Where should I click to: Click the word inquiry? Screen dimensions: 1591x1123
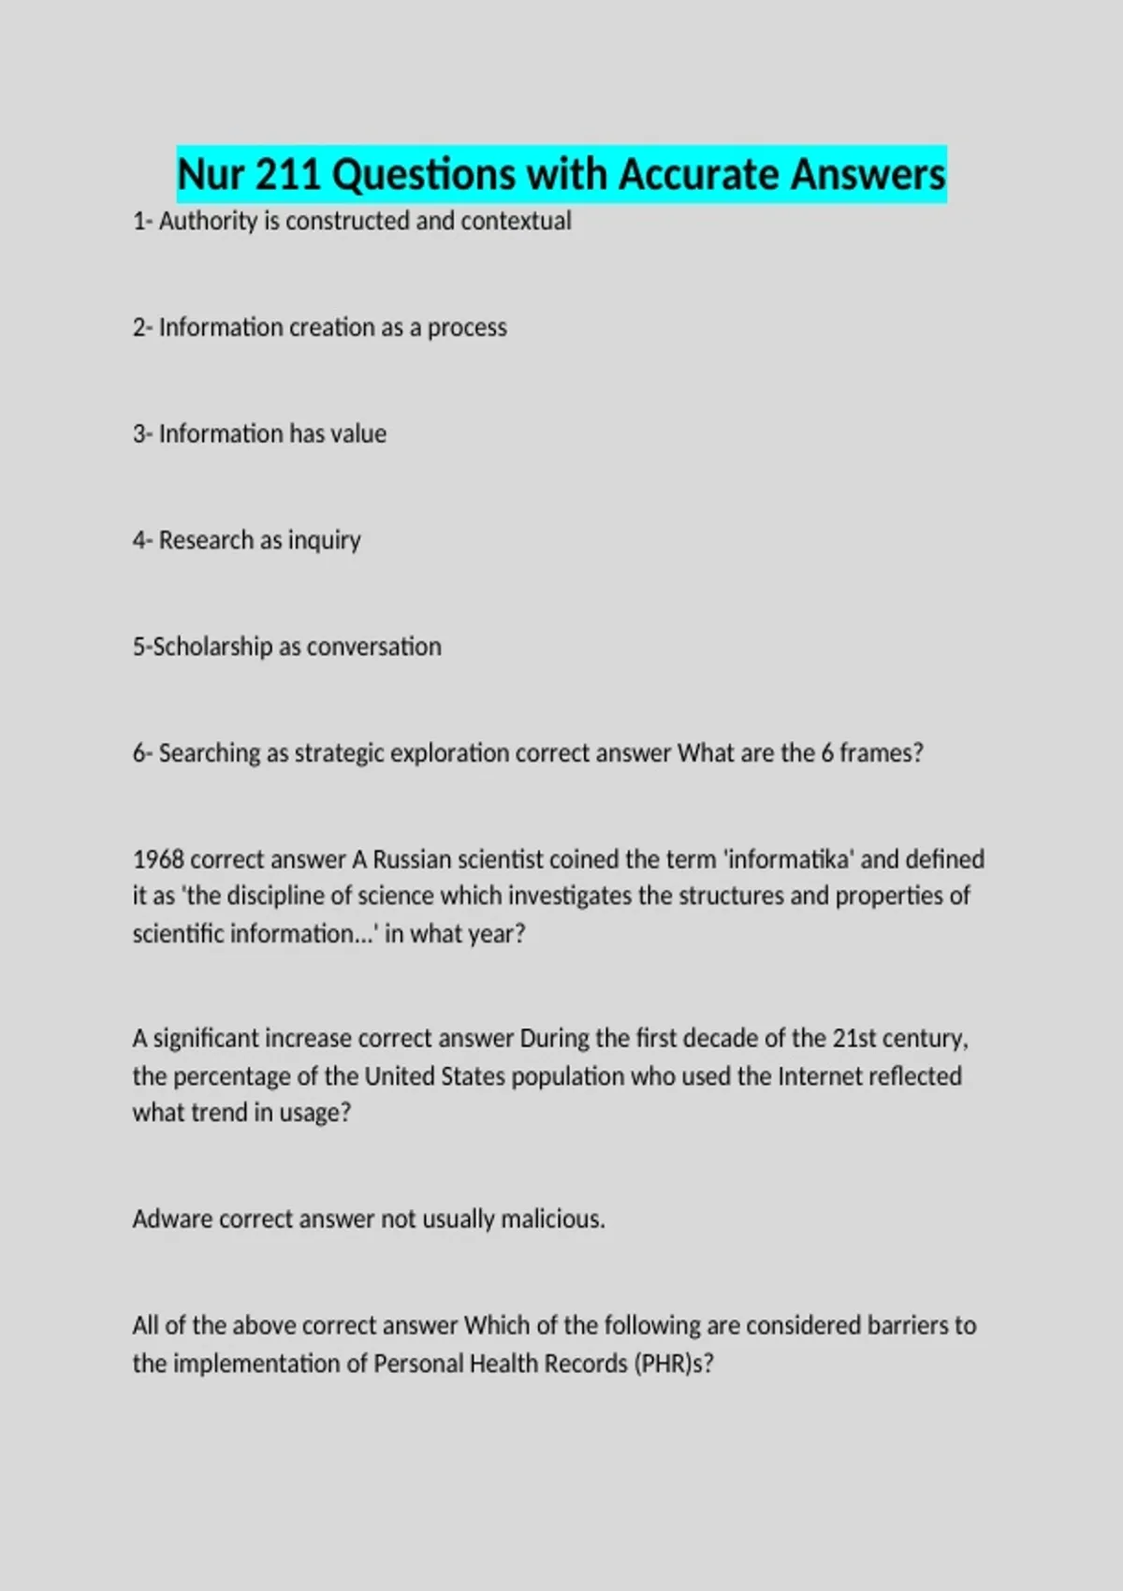click(324, 541)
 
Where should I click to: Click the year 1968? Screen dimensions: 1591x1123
click(158, 860)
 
